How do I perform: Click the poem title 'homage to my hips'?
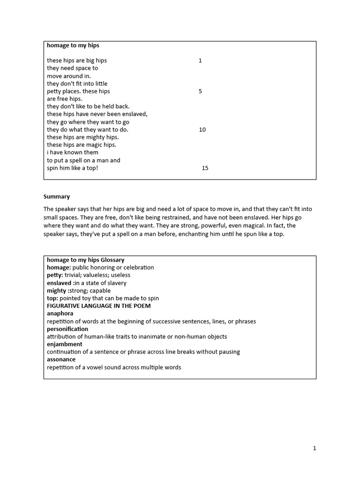73,45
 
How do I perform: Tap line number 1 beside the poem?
200,60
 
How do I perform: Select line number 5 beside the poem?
200,91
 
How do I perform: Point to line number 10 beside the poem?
202,129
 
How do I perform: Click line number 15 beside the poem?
205,168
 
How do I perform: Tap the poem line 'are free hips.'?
64,99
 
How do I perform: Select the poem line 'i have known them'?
72,152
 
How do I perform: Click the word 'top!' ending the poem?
91,168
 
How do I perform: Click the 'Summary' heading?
57,196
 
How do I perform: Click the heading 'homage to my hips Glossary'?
85,260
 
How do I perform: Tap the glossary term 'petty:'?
55,275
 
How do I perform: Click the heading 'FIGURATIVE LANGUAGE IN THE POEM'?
98,306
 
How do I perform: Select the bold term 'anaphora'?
60,313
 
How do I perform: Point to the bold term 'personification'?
67,329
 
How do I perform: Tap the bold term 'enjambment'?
64,344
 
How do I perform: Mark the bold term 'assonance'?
61,360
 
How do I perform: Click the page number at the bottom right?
315,448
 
